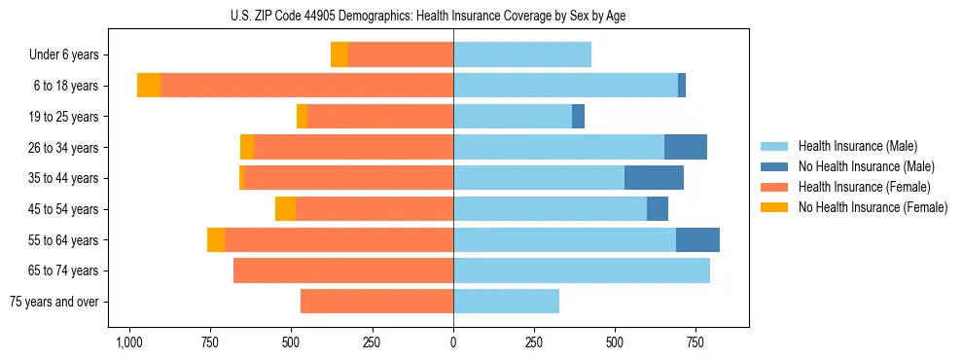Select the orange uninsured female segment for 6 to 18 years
(149, 86)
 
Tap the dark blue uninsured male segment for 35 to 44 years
(654, 178)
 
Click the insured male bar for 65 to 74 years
(582, 270)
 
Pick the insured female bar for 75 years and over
(376, 302)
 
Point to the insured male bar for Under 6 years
(522, 54)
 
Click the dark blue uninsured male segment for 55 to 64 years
(697, 239)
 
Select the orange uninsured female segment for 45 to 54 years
(285, 209)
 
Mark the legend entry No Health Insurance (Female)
(872, 207)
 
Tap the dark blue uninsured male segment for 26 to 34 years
(686, 147)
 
